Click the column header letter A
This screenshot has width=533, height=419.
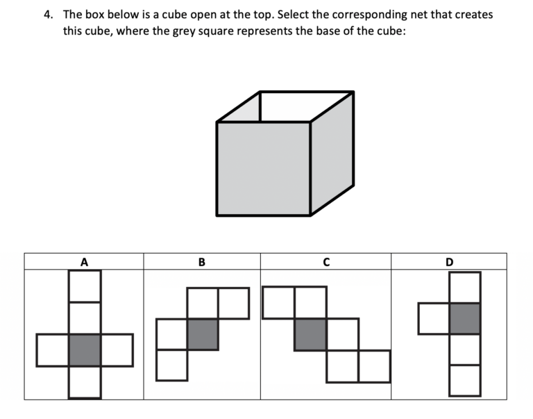pyautogui.click(x=85, y=262)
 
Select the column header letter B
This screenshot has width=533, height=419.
pyautogui.click(x=201, y=262)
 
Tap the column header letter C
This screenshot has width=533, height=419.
pyautogui.click(x=325, y=262)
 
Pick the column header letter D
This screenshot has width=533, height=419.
pyautogui.click(x=449, y=262)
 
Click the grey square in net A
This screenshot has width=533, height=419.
pyautogui.click(x=85, y=350)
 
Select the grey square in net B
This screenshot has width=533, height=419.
pyautogui.click(x=203, y=334)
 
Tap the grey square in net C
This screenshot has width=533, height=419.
pyautogui.click(x=310, y=334)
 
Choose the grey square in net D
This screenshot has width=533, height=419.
pyautogui.click(x=464, y=318)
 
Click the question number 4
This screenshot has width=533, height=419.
pyautogui.click(x=49, y=14)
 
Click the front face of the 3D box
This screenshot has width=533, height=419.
pyautogui.click(x=263, y=168)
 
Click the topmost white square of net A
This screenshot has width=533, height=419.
pyautogui.click(x=85, y=286)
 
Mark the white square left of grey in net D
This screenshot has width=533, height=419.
pyautogui.click(x=434, y=318)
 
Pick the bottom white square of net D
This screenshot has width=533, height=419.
pyautogui.click(x=464, y=380)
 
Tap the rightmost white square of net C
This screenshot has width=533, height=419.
pyautogui.click(x=374, y=366)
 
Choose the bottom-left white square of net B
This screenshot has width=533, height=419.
pyautogui.click(x=172, y=365)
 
